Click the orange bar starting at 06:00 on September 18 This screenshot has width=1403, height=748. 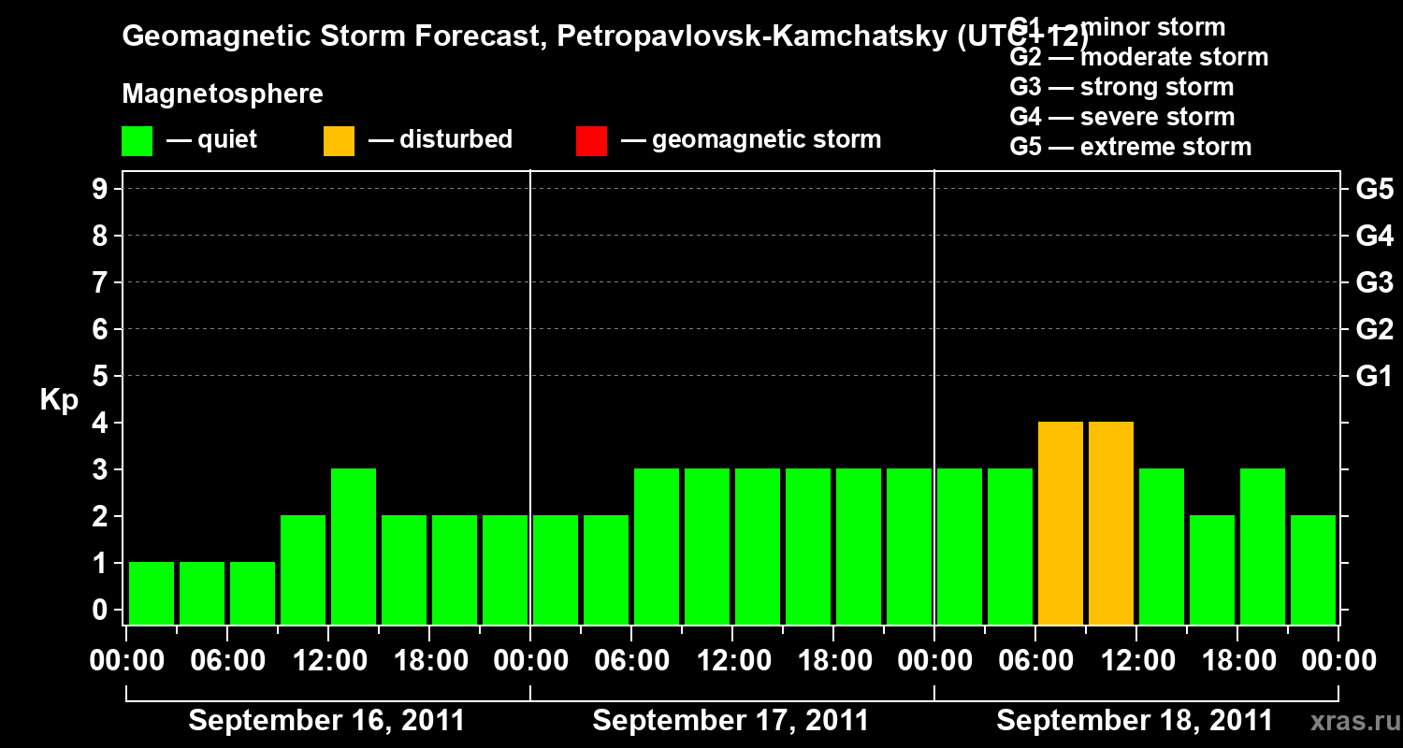coord(1061,523)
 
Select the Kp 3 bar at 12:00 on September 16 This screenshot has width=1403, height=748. coord(354,546)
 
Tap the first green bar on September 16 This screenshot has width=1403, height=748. coord(152,593)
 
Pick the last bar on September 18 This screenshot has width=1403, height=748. coord(1313,569)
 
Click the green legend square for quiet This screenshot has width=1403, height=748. coord(137,140)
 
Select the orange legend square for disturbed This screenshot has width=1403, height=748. coord(339,140)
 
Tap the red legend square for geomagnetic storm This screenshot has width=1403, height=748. coord(591,140)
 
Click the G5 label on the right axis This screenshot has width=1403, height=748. coord(1374,190)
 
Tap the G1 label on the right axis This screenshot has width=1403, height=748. coord(1374,377)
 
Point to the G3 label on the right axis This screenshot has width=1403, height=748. coord(1374,283)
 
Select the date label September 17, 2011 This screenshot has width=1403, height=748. coord(730,721)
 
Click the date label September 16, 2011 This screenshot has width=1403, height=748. coord(326,721)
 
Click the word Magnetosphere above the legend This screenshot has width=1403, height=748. coord(223,94)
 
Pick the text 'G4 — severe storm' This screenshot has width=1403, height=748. coord(1122,117)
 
